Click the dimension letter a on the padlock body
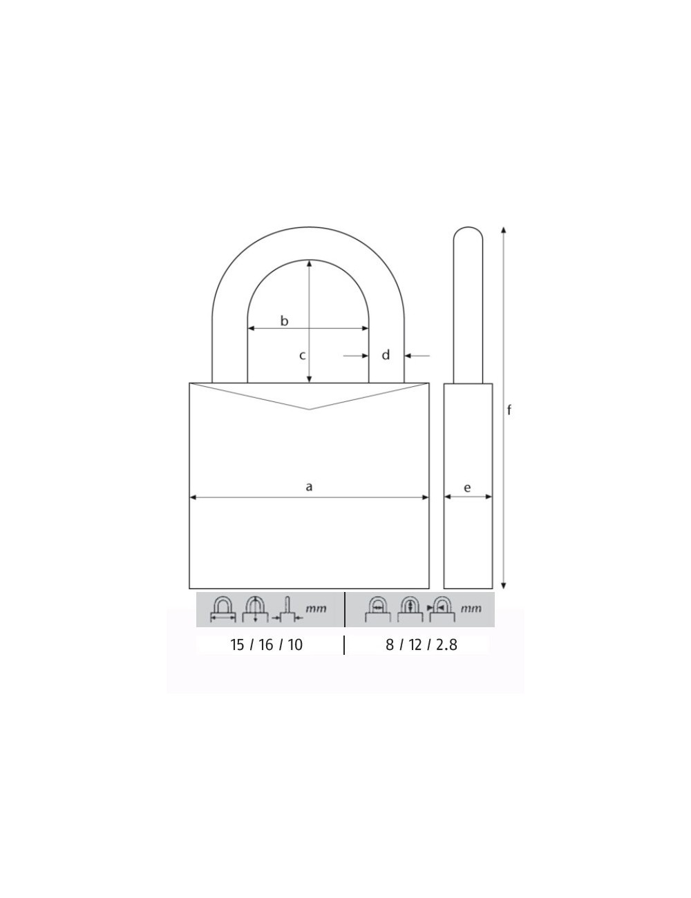pyautogui.click(x=309, y=487)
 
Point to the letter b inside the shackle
pyautogui.click(x=284, y=321)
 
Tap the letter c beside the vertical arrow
pyautogui.click(x=302, y=356)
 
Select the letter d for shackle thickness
pyautogui.click(x=386, y=355)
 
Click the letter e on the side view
pyautogui.click(x=467, y=488)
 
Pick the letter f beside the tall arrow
pyautogui.click(x=509, y=410)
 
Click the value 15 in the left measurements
pyautogui.click(x=237, y=645)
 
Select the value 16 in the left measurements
pyautogui.click(x=266, y=645)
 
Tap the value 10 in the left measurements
pyautogui.click(x=295, y=645)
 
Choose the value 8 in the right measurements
pyautogui.click(x=390, y=645)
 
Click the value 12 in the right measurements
pyautogui.click(x=415, y=645)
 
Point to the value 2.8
pyautogui.click(x=446, y=645)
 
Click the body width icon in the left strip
pyautogui.click(x=223, y=609)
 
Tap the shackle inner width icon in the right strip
pyautogui.click(x=378, y=609)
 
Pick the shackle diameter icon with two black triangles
pyautogui.click(x=441, y=609)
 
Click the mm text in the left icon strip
pyautogui.click(x=316, y=609)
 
